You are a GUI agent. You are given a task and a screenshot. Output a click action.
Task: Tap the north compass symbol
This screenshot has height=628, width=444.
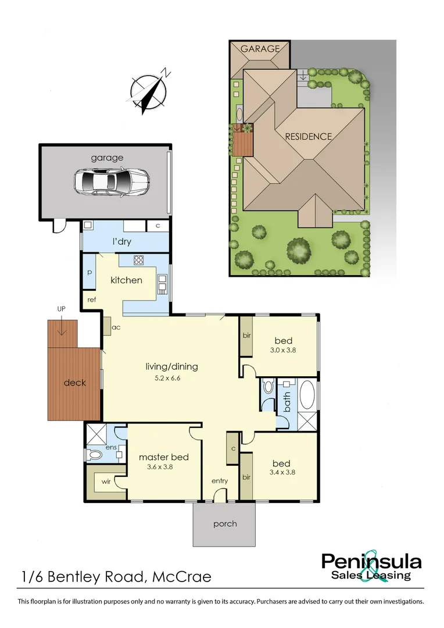tap(149, 92)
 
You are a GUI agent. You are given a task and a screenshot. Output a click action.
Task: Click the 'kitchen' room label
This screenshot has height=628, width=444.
tap(126, 280)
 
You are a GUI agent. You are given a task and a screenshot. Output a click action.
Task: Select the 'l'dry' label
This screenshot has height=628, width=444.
tap(121, 241)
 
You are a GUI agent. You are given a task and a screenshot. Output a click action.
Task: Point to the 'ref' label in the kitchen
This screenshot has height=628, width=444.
tap(91, 299)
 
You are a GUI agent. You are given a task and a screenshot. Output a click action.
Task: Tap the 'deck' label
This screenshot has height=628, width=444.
tap(75, 383)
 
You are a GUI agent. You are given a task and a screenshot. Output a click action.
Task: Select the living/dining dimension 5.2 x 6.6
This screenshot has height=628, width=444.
tap(171, 378)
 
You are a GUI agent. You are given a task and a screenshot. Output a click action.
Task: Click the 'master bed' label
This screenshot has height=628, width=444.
tap(163, 457)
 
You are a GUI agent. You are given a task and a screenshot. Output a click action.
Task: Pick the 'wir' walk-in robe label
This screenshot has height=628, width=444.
tap(106, 482)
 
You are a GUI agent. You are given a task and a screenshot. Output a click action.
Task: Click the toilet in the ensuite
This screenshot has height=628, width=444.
tap(95, 455)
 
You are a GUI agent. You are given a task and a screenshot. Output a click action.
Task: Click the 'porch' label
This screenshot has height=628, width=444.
tap(224, 524)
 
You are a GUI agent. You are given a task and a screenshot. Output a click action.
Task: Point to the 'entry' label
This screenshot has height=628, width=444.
tap(219, 481)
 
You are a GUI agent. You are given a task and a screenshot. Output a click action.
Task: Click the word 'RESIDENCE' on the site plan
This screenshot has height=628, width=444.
tap(309, 137)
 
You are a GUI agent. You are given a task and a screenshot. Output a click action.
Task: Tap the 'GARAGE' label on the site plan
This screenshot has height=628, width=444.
tap(260, 49)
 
